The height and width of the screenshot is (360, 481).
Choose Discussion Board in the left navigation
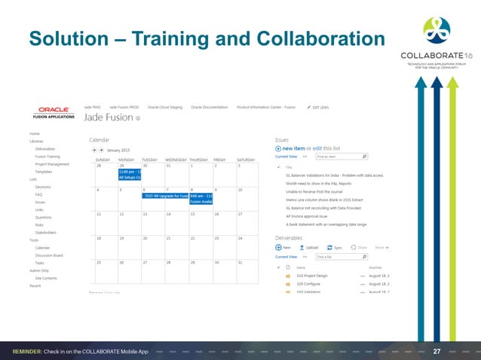pyautogui.click(x=50, y=255)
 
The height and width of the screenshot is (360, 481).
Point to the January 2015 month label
pyautogui.click(x=115, y=151)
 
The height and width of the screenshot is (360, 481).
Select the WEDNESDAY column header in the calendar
pyautogui.click(x=176, y=160)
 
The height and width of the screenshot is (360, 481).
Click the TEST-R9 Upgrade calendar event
pyautogui.click(x=164, y=195)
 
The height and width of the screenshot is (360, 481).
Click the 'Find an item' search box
pyautogui.click(x=340, y=157)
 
